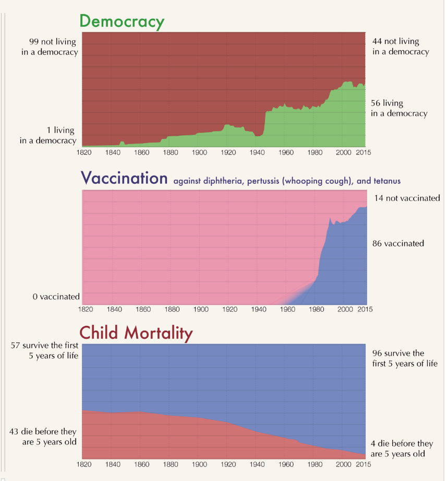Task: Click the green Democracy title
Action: coord(122,21)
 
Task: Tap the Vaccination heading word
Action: coord(124,178)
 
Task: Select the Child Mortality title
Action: coord(136,333)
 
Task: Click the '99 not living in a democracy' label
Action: coord(50,46)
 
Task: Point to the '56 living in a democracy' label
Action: coord(399,108)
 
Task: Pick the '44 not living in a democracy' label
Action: coord(400,46)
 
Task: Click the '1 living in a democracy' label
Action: coord(48,135)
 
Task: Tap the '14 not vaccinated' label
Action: coord(407,198)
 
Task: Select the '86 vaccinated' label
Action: coord(398,243)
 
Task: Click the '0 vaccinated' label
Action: coord(56,297)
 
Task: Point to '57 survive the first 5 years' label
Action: coord(45,350)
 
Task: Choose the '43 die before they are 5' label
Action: coord(43,437)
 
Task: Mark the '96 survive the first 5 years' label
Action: coord(404,358)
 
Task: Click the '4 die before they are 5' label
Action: coord(402,449)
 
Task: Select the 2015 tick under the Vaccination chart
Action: coord(364,309)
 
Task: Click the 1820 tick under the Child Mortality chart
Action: coord(83,464)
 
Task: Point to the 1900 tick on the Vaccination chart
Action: coord(201,309)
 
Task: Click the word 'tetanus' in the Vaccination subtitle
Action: coord(386,181)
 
